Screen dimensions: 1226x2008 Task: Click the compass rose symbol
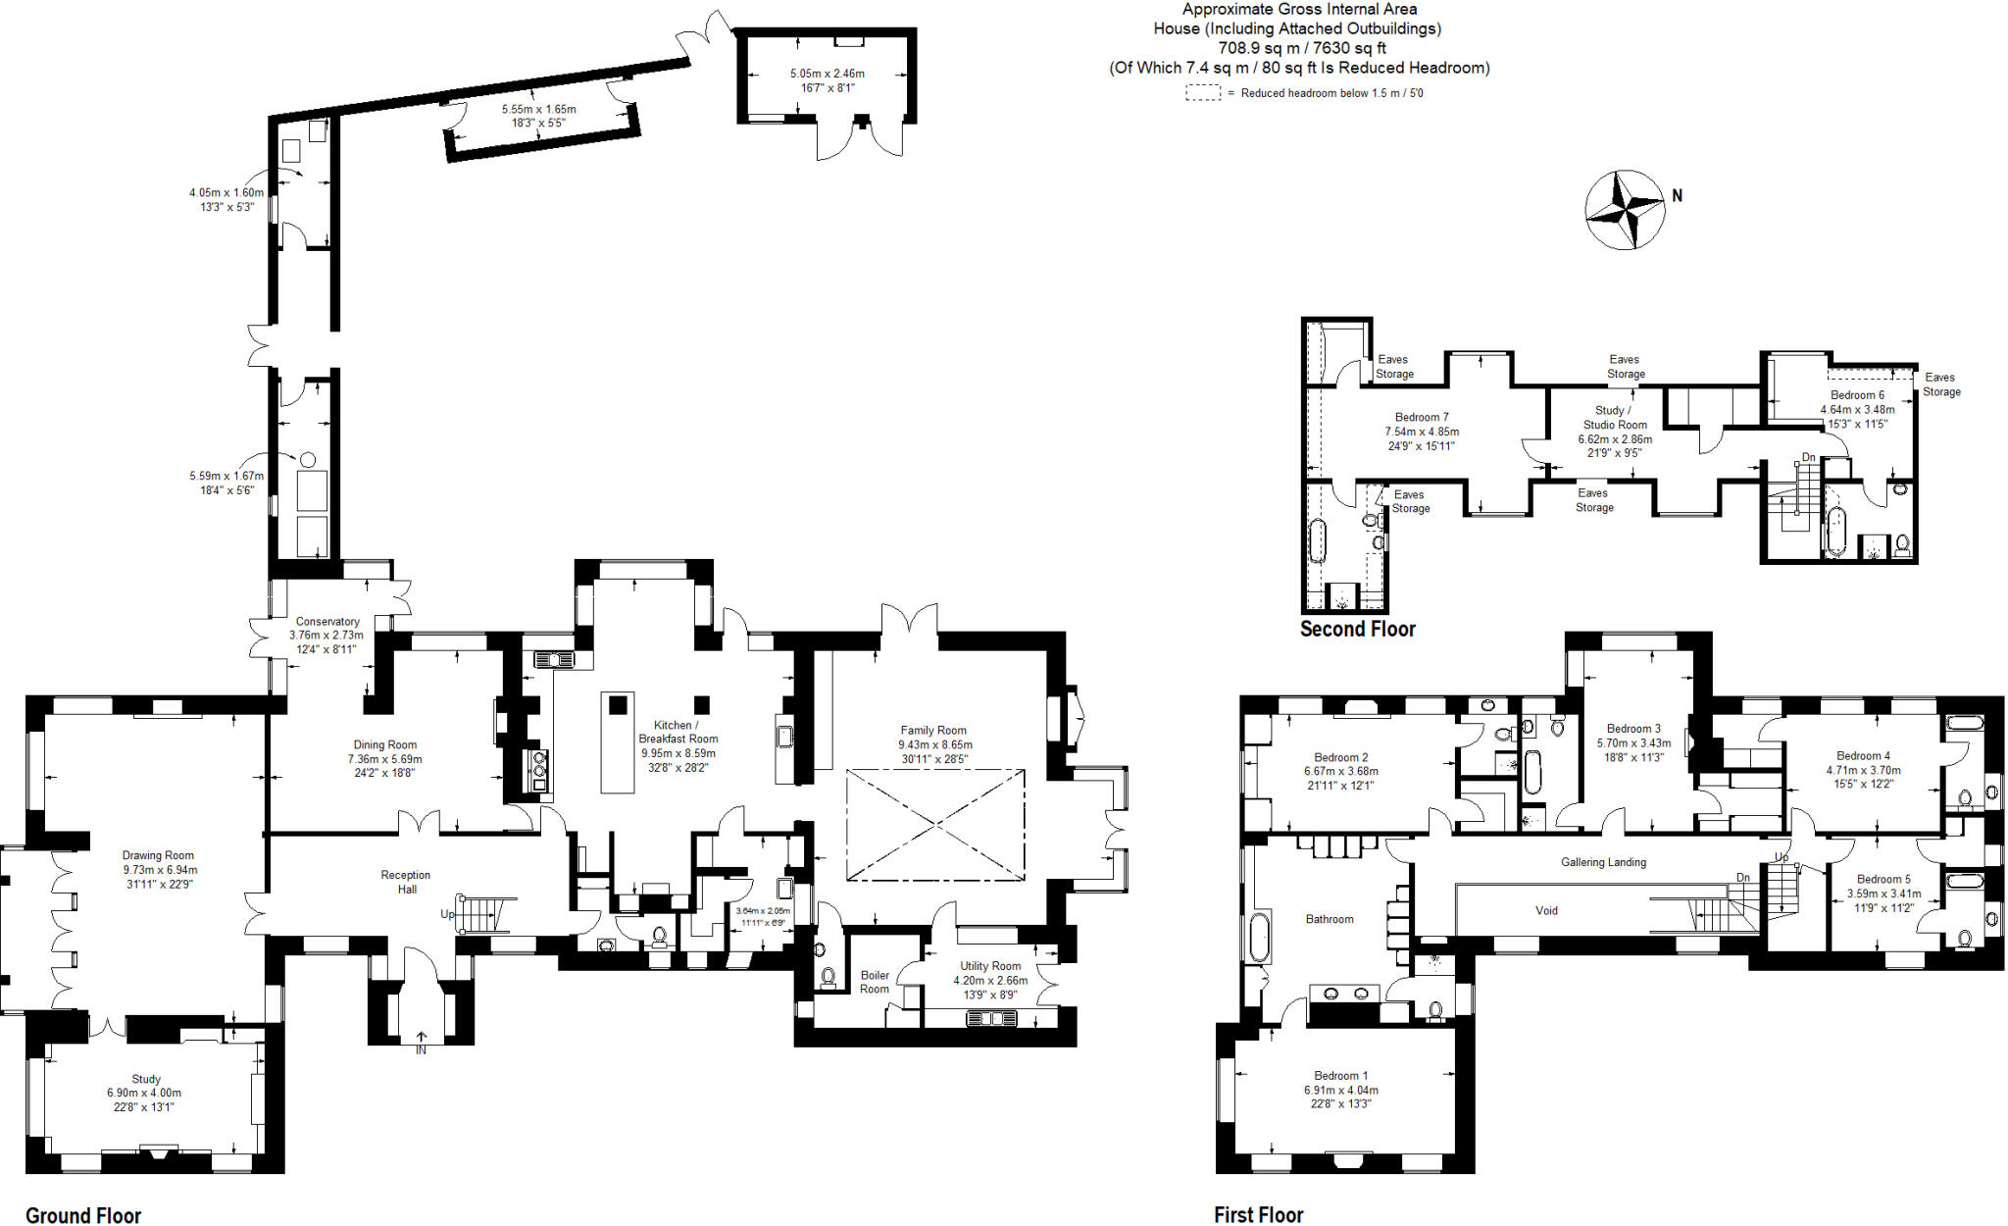1625,209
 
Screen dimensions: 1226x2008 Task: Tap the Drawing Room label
158,855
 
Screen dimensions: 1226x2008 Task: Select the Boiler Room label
875,982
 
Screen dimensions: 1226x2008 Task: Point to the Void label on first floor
1546,911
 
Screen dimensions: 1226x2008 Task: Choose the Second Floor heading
1357,630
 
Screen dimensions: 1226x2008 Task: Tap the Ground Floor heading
83,1215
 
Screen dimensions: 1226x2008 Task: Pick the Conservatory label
327,622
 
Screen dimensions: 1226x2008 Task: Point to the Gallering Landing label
1603,863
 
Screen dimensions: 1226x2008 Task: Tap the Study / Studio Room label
1615,418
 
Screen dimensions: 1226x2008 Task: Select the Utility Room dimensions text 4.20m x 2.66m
990,981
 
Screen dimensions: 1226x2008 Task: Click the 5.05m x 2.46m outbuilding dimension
827,74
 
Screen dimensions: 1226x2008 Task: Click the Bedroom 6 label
1857,395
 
